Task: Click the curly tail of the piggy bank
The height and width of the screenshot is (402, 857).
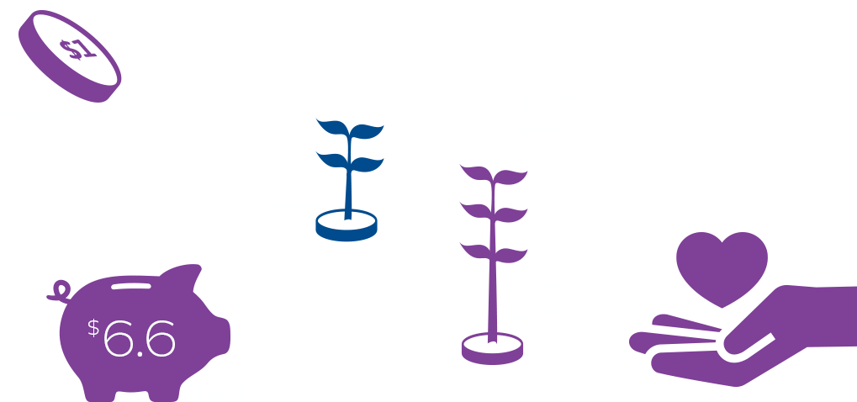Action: (x=61, y=291)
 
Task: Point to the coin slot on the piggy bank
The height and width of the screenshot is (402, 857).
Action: (x=130, y=286)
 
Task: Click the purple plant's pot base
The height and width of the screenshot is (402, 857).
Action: (x=492, y=347)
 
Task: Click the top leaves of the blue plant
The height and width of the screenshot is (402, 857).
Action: (x=350, y=130)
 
